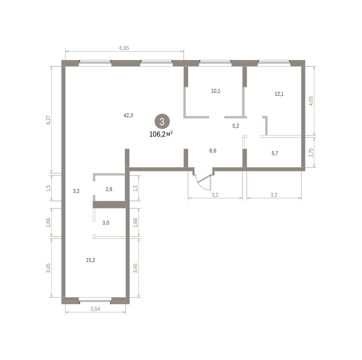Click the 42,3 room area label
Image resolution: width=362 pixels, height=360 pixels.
128,115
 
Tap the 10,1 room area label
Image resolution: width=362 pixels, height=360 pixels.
215,91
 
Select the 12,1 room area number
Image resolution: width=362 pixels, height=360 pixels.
279,94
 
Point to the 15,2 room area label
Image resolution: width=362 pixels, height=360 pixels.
91,260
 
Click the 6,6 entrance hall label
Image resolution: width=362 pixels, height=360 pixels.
213,151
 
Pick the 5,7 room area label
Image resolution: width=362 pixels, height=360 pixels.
275,153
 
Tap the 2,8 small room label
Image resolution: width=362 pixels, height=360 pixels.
109,189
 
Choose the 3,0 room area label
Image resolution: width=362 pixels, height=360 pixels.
106,223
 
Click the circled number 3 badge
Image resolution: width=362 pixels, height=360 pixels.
162,121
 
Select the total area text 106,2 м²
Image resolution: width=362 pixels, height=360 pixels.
161,134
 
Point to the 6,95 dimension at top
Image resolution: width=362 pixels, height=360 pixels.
124,48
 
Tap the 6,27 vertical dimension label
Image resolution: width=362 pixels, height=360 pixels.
49,120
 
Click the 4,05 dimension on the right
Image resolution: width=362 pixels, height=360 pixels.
311,101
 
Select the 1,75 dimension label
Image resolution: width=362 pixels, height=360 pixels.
311,153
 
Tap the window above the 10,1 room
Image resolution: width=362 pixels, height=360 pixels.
215,63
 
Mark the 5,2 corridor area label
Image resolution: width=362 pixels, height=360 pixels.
236,126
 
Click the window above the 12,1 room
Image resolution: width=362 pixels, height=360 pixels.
274,63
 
